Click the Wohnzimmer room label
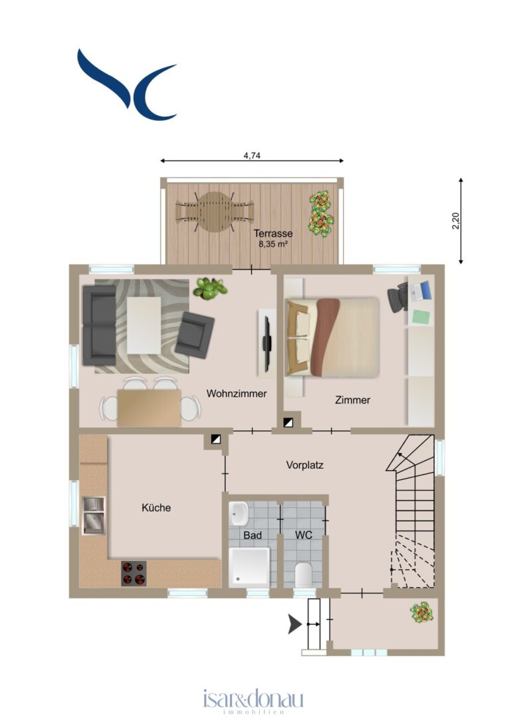[236, 394]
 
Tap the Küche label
[156, 507]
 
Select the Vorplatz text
[305, 465]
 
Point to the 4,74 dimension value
[252, 156]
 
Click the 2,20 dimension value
[456, 221]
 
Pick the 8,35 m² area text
[272, 244]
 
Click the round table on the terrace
[215, 211]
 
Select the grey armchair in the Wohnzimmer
[195, 334]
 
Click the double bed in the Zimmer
[333, 338]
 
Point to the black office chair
[397, 298]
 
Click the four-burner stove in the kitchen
[134, 573]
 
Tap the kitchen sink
[93, 516]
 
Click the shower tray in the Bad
[249, 567]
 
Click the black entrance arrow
[294, 624]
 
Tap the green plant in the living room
[210, 289]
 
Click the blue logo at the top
[127, 84]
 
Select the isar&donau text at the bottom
[253, 699]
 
